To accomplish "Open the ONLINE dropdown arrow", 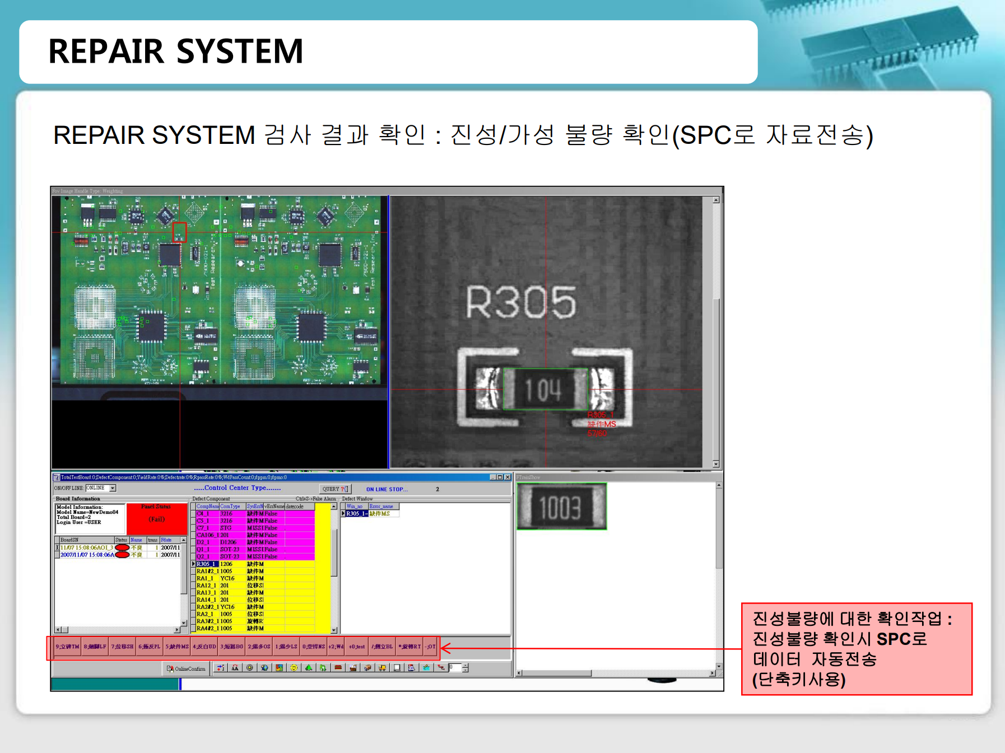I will [113, 488].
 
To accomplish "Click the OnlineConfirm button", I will [187, 668].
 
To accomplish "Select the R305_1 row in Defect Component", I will [206, 564].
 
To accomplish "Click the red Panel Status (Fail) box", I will [156, 519].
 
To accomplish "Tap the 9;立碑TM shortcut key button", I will [67, 647].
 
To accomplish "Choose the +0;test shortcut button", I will [357, 647].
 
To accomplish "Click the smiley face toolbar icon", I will [294, 668].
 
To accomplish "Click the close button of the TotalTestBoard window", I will [508, 478].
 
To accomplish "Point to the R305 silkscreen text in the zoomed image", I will [520, 302].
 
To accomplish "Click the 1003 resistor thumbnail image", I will [561, 507].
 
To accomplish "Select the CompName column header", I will [207, 506].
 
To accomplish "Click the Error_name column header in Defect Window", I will [381, 506].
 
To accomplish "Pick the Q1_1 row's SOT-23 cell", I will [230, 549].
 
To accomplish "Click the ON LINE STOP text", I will [387, 489].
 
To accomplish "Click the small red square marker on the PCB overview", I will [179, 232].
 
